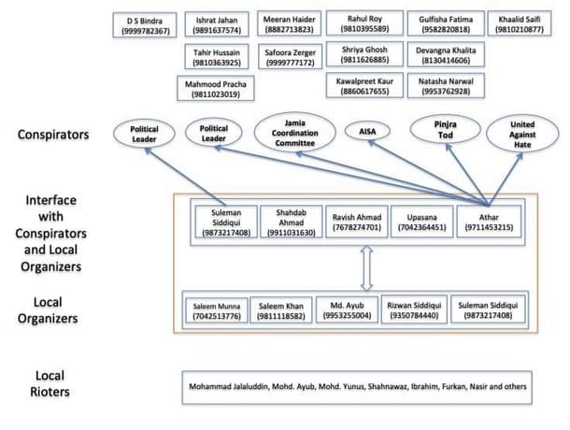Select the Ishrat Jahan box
[x=217, y=25]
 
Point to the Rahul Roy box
[x=363, y=25]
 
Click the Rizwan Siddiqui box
[x=412, y=311]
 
